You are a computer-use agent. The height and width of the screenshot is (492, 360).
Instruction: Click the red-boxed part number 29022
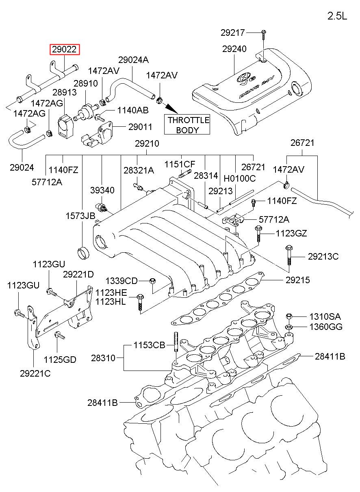[65, 50]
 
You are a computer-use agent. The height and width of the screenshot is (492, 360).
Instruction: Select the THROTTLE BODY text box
[187, 125]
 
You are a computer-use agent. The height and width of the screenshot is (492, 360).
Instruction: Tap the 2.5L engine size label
[337, 16]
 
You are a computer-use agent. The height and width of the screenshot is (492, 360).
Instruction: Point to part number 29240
[234, 49]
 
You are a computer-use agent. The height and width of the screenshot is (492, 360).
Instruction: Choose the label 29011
[140, 127]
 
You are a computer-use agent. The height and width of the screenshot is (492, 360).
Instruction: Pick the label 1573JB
[80, 216]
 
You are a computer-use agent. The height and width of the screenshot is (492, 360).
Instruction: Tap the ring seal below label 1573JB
[84, 253]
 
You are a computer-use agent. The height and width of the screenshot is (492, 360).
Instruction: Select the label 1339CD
[121, 281]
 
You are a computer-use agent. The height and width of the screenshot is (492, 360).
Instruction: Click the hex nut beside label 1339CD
[153, 281]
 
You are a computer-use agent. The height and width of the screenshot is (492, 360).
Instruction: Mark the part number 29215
[297, 280]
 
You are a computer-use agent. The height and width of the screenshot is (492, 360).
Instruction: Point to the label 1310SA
[325, 316]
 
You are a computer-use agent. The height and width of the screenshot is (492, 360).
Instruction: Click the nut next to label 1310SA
[289, 317]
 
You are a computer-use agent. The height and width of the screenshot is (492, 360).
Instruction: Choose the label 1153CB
[150, 345]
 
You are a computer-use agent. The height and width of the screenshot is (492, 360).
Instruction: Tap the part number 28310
[103, 358]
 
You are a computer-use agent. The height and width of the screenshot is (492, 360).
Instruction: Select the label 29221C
[35, 373]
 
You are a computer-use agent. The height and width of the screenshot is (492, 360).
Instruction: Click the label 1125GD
[60, 360]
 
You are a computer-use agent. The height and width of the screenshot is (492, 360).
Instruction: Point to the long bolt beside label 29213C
[289, 256]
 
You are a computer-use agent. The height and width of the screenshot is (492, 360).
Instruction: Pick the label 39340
[102, 190]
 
